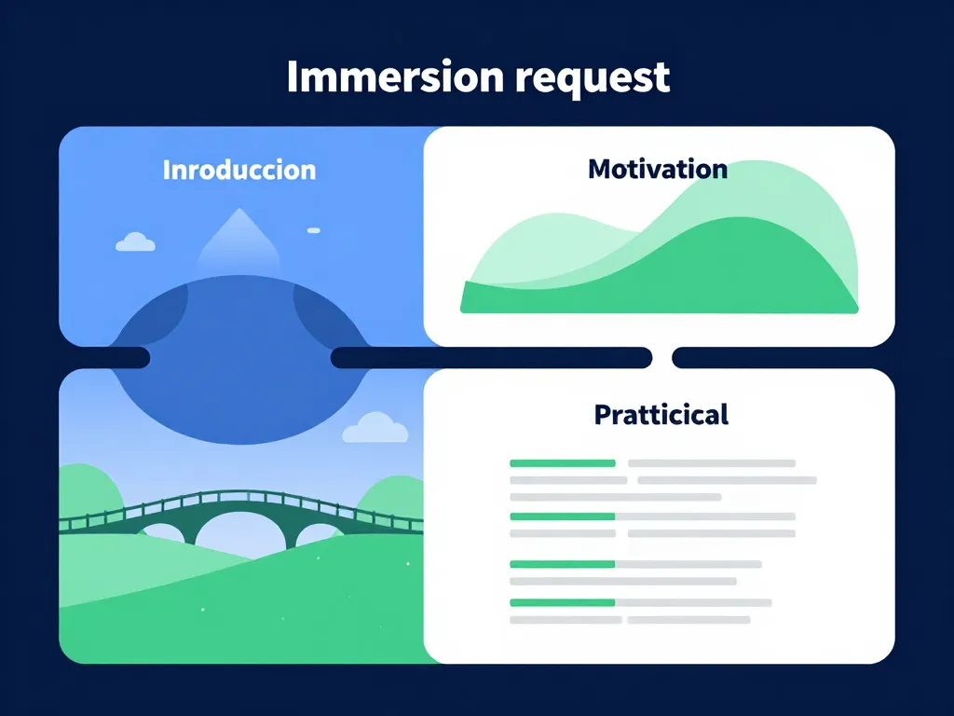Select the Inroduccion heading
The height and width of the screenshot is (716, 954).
click(239, 171)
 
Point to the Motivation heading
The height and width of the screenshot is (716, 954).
click(658, 170)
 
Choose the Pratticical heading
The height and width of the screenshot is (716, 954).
click(661, 414)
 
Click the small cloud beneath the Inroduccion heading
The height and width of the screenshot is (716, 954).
click(135, 242)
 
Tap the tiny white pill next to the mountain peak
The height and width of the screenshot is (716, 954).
click(313, 230)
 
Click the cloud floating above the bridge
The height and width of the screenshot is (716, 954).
click(375, 428)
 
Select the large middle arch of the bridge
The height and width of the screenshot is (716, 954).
click(239, 532)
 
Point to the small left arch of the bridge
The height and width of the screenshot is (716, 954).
click(162, 532)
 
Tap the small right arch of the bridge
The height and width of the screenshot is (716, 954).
click(319, 534)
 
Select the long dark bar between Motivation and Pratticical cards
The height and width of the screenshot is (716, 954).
click(491, 357)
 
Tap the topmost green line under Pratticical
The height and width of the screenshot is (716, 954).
click(563, 463)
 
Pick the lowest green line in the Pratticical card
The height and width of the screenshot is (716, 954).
click(563, 602)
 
